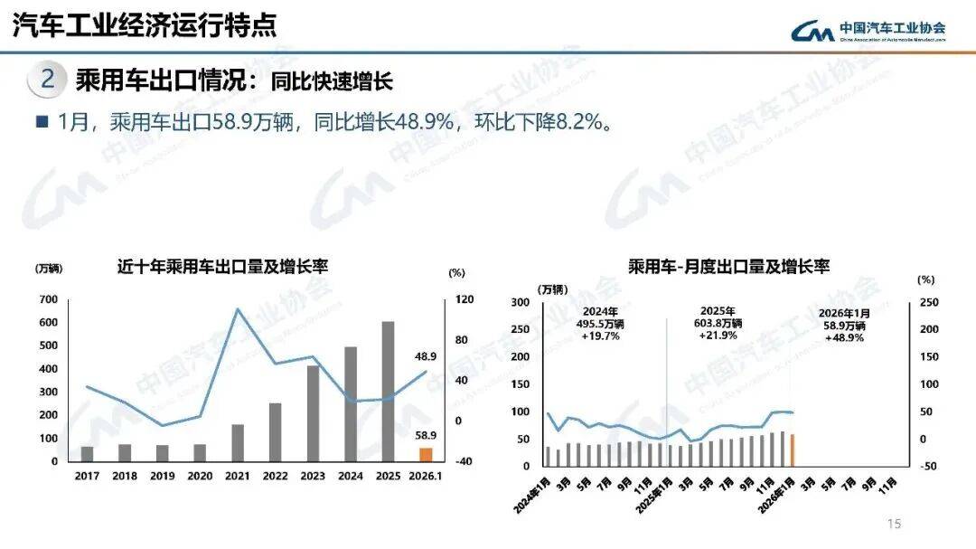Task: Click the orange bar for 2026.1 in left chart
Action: (426, 454)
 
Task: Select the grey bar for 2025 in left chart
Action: (388, 391)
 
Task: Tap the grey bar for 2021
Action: (238, 442)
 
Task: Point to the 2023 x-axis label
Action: (313, 476)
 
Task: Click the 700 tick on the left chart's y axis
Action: (48, 299)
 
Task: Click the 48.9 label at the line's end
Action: (426, 356)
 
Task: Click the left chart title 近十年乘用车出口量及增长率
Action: (222, 267)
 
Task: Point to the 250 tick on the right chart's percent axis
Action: (928, 302)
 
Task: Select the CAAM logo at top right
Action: (868, 32)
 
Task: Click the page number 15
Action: (895, 524)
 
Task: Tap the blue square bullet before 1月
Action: (41, 121)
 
